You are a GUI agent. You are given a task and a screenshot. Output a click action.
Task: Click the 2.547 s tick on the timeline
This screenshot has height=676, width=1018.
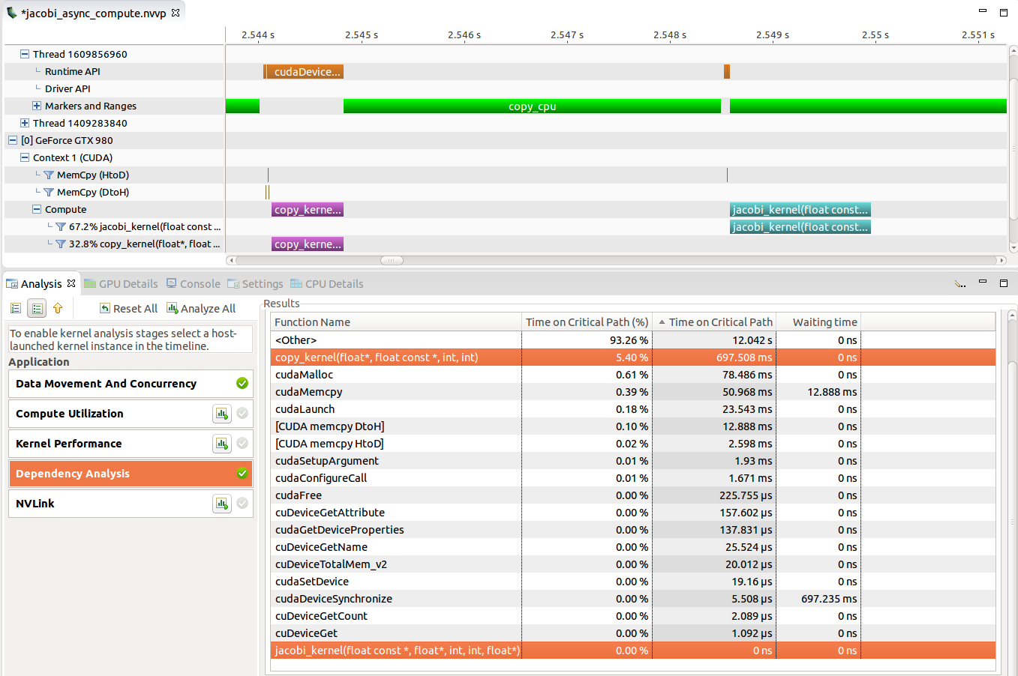coord(566,35)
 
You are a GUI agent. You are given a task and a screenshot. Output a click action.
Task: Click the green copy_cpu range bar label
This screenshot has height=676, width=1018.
coord(532,106)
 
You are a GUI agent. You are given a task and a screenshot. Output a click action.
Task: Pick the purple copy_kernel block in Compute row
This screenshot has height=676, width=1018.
coord(308,210)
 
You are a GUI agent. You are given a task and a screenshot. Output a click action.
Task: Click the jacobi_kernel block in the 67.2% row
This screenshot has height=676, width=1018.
coord(800,227)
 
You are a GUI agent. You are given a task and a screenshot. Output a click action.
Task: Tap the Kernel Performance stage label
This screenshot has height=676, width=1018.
coord(69,444)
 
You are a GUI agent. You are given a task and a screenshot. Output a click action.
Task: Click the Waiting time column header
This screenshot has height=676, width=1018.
coord(824,322)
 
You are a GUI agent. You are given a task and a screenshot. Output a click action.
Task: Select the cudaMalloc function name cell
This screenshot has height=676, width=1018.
coord(304,375)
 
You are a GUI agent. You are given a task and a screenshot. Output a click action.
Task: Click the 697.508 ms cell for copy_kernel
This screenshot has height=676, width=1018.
coord(743,357)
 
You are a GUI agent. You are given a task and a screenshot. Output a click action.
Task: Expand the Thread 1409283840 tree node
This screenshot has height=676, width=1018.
coord(25,123)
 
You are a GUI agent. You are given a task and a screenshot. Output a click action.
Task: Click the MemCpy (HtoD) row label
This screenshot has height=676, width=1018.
coord(93,175)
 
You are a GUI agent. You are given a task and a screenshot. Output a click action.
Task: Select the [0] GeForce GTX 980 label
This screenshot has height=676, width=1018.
coord(67,140)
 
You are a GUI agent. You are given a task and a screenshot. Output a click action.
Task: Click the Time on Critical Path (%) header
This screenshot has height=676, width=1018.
coord(587,322)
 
